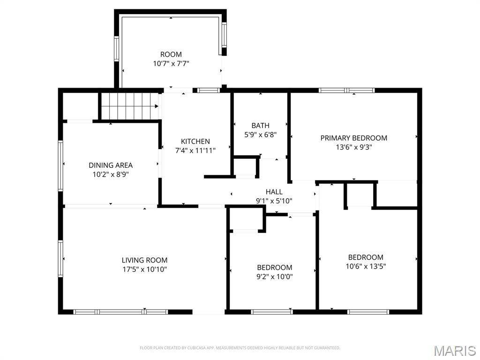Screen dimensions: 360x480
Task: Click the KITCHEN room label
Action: [195, 141]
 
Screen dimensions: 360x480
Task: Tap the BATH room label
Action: [260, 125]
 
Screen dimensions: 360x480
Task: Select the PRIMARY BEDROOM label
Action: [353, 138]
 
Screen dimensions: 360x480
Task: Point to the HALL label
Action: [274, 192]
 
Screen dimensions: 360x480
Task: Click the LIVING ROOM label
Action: [144, 260]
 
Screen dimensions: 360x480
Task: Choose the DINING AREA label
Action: [111, 165]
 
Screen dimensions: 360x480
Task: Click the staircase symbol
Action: [129, 106]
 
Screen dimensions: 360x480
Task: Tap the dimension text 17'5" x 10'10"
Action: [144, 270]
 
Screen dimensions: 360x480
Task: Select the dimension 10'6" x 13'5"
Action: [366, 266]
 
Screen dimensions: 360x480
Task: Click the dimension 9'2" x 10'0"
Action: [274, 277]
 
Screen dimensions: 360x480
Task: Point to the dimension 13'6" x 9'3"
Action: [353, 147]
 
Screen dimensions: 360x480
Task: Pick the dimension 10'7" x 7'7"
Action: [171, 63]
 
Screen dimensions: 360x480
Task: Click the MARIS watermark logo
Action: [454, 351]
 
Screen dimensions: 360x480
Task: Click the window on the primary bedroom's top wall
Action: [346, 90]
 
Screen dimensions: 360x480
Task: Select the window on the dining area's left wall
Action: [60, 165]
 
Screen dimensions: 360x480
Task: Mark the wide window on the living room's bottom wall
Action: [121, 312]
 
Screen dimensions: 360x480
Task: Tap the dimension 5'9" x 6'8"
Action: [260, 135]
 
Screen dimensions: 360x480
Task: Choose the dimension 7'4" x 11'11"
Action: [195, 150]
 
